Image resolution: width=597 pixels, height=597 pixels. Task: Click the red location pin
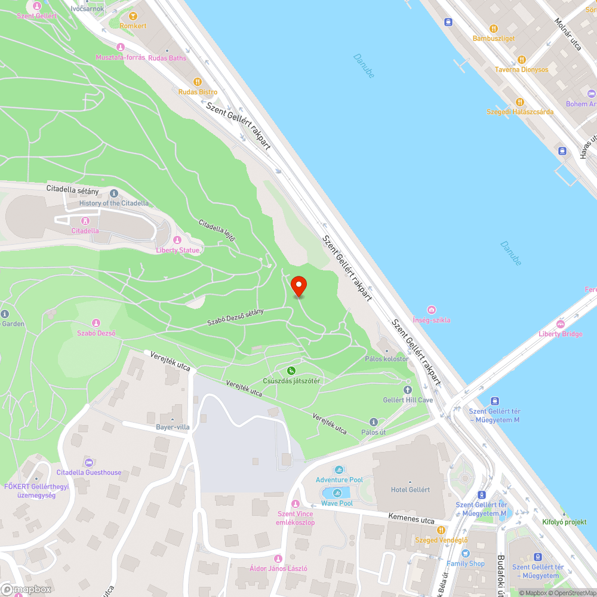coord(298,286)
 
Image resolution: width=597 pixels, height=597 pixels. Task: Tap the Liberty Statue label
coord(178,250)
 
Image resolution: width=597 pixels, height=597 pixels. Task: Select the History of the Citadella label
coord(114,203)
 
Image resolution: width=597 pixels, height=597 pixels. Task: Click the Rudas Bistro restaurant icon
coord(198,82)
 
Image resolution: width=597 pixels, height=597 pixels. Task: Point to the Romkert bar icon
coord(133,17)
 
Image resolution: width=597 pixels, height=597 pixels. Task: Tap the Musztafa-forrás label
coord(121,57)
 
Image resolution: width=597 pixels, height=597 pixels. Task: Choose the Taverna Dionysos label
coord(521,69)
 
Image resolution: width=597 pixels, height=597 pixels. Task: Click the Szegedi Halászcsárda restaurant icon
coord(519,102)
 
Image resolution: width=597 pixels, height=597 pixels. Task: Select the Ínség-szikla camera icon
coord(432,309)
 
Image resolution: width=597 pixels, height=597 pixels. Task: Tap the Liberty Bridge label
coord(560,334)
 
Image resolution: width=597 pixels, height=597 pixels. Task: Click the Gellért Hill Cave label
coord(408,400)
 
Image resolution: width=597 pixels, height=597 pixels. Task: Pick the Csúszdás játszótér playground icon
coord(291,371)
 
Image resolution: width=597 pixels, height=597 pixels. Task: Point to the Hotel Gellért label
coord(410,490)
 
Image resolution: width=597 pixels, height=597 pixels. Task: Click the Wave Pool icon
coord(337,493)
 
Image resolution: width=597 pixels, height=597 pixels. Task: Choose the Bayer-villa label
coord(173,427)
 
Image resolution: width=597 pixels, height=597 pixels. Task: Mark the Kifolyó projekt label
coord(564,522)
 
